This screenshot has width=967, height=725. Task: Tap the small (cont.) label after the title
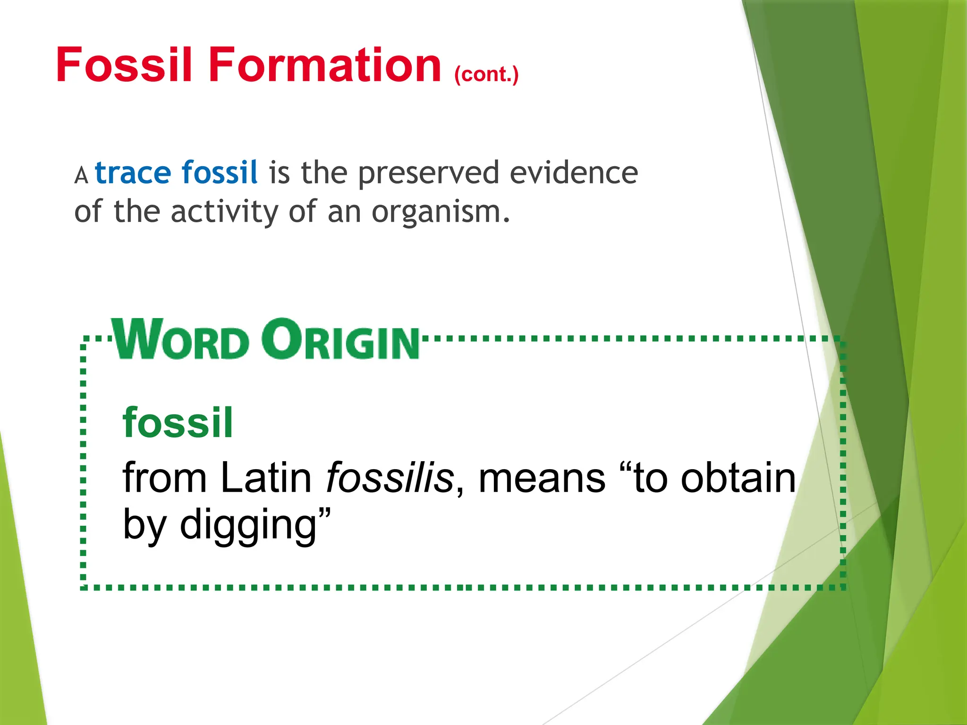[x=486, y=75]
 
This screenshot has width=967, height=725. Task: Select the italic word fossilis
[x=390, y=478]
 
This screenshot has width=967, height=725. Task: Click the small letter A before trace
[x=81, y=176]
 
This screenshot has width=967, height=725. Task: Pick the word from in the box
[x=164, y=478]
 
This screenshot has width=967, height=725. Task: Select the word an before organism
[x=343, y=213]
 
